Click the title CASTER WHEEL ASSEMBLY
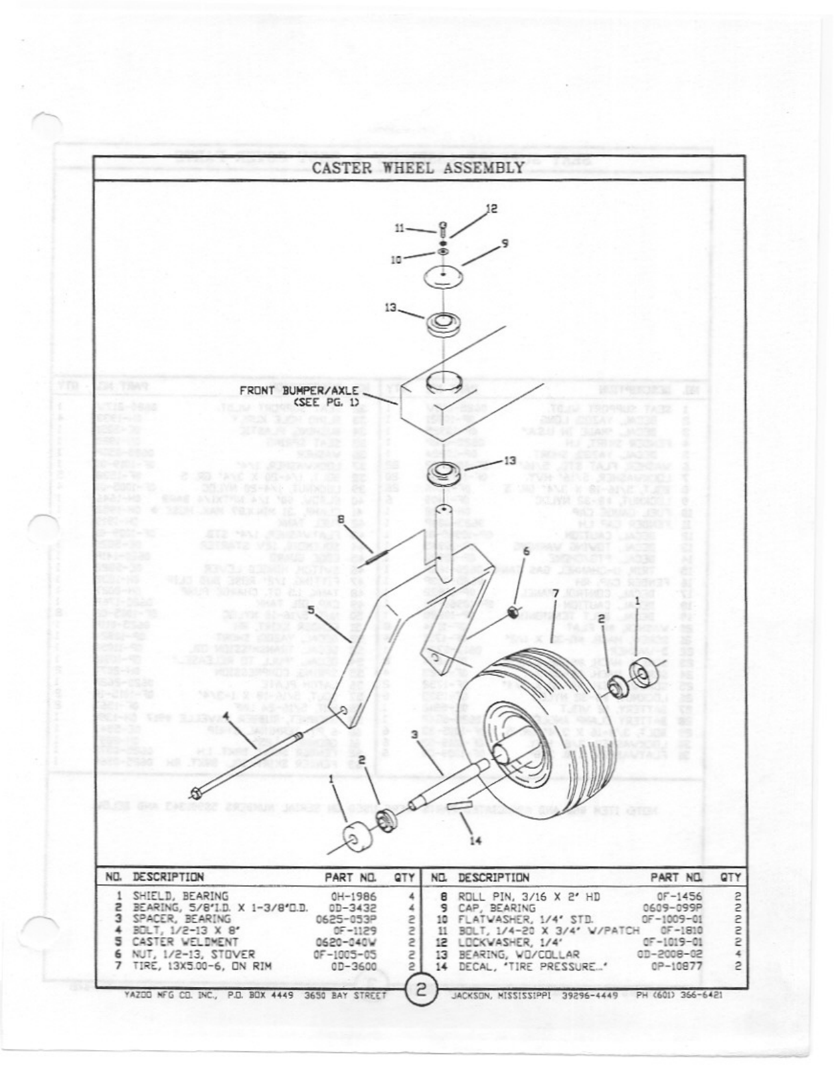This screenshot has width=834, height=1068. [418, 167]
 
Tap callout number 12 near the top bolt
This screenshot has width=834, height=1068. [491, 209]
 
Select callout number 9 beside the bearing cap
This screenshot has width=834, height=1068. [505, 243]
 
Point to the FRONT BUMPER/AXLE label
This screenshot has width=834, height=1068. [299, 396]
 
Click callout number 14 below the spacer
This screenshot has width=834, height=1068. [475, 840]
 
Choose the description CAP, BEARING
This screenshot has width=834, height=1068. [497, 908]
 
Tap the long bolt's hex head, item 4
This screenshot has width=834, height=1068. [195, 793]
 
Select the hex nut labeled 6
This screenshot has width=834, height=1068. [512, 611]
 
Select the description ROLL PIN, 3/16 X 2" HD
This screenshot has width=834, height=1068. [529, 896]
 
